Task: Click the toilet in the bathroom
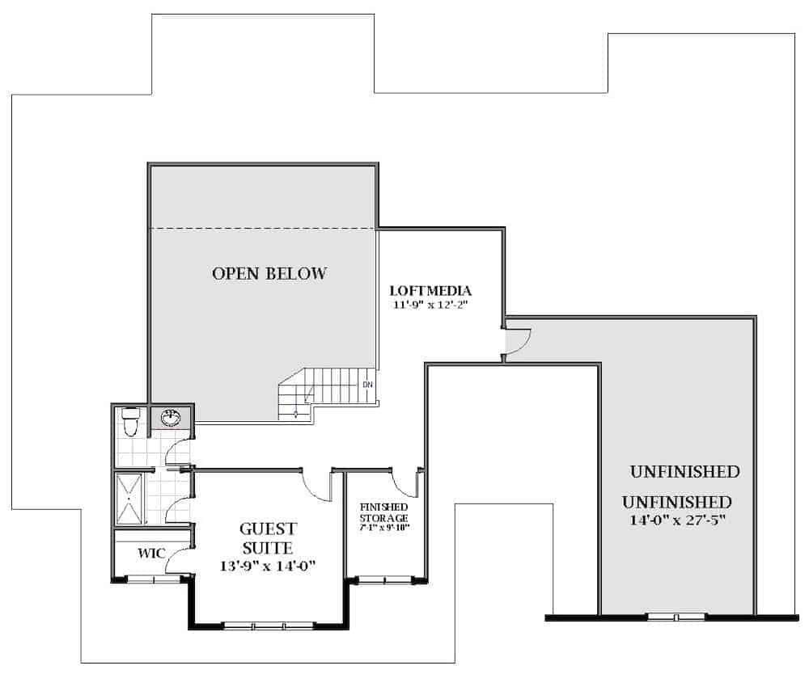130,419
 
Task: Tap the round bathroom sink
171,417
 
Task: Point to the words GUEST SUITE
268,538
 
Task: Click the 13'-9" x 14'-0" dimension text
268,567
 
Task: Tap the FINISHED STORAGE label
384,512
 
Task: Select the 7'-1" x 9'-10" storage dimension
384,528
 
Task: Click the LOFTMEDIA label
430,290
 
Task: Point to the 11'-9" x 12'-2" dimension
430,305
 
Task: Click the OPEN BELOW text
269,274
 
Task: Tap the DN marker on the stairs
368,384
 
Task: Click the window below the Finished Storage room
383,579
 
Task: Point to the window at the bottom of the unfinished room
676,617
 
